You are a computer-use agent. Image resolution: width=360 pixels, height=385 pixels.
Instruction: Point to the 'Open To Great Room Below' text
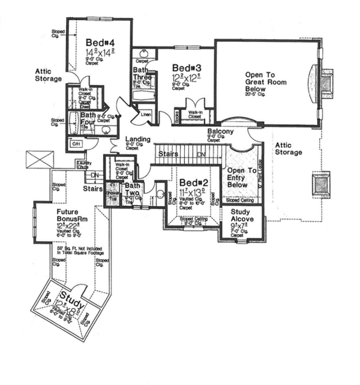[265, 82]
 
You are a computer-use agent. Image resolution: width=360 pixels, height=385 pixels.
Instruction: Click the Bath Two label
[132, 190]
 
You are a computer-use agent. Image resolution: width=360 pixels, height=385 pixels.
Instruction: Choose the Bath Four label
[88, 118]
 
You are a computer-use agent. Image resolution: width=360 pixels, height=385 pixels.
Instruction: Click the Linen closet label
[145, 114]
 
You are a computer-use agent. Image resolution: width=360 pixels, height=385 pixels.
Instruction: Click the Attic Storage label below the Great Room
[289, 148]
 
